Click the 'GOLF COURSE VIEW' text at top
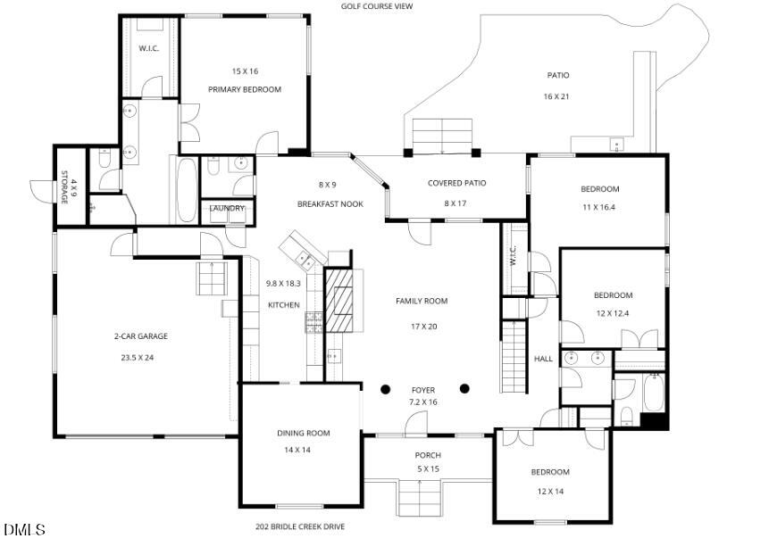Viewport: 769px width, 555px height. (x=376, y=6)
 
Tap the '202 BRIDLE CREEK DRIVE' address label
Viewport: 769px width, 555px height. (x=300, y=526)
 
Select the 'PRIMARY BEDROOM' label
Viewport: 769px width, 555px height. (x=245, y=89)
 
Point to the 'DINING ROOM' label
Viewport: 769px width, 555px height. (x=303, y=433)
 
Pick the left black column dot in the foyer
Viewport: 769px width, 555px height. (x=386, y=389)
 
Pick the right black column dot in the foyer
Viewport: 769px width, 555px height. (x=464, y=388)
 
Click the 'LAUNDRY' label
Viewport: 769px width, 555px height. (x=227, y=209)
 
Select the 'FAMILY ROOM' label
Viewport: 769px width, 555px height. (x=422, y=302)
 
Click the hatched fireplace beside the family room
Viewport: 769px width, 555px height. (x=340, y=300)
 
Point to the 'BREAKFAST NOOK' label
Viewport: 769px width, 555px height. (x=330, y=204)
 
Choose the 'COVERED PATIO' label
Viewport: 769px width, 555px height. (x=456, y=183)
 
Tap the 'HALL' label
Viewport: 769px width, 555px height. (x=543, y=359)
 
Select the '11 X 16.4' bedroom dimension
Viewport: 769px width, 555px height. (x=599, y=207)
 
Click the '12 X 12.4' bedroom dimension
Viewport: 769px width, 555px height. (x=613, y=313)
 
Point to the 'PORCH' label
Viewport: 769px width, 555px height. (x=429, y=455)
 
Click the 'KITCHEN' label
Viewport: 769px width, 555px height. (x=283, y=305)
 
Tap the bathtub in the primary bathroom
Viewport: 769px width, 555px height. (x=185, y=188)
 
